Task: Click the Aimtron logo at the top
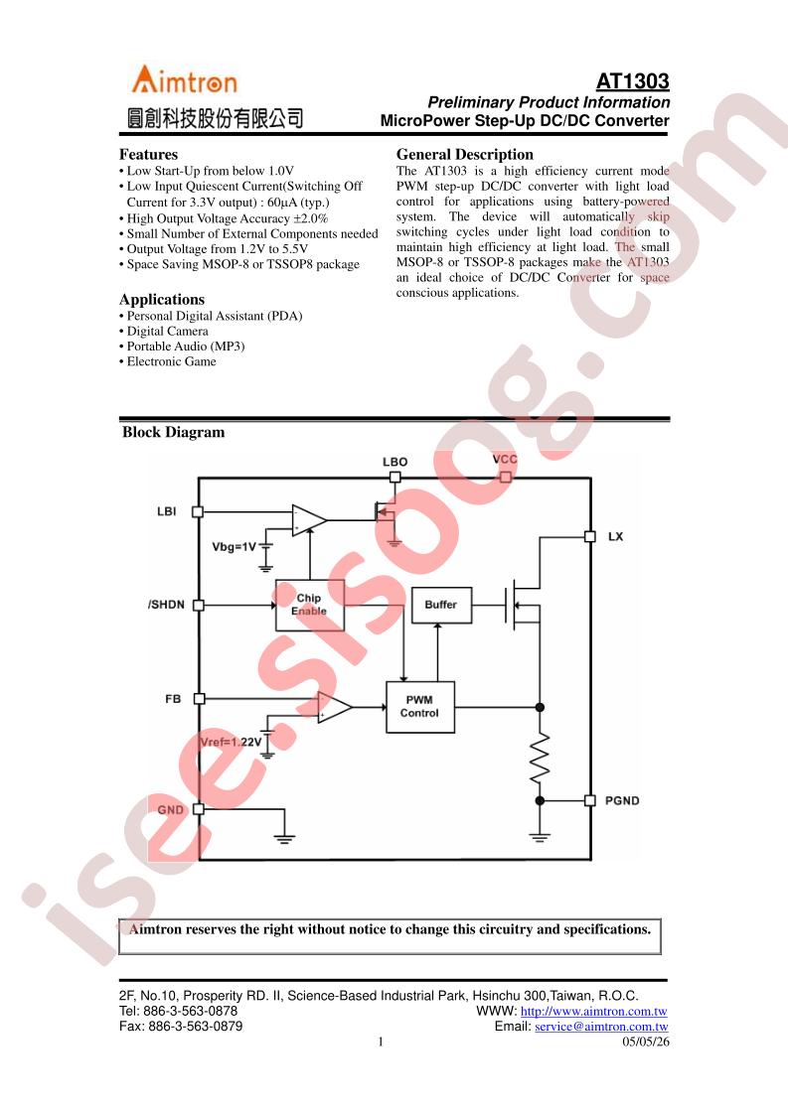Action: (184, 79)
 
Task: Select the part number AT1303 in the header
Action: (632, 81)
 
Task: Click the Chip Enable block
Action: (309, 605)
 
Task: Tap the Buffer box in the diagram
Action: (441, 605)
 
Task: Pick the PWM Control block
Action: (419, 707)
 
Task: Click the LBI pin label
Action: (166, 511)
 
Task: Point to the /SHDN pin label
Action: (166, 605)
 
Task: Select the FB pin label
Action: (173, 699)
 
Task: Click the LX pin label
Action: (615, 536)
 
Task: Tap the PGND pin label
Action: (622, 800)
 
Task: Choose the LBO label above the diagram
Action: (394, 462)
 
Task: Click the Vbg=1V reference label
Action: (234, 547)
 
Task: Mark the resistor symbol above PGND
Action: (540, 756)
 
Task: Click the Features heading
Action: (149, 154)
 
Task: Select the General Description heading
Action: (464, 154)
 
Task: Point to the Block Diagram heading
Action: (174, 432)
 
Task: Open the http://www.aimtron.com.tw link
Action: (594, 1011)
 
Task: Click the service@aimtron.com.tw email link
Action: (601, 1027)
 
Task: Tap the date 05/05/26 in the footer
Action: (646, 1043)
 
